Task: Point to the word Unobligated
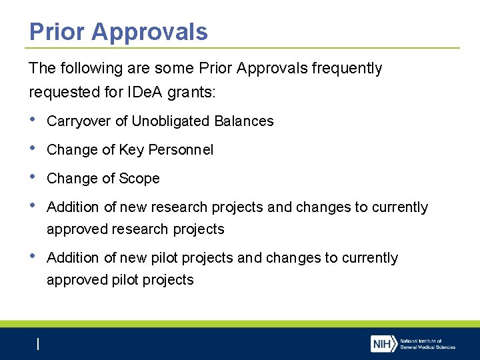pyautogui.click(x=171, y=121)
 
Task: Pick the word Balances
pyautogui.click(x=244, y=121)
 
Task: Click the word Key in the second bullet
pyautogui.click(x=131, y=150)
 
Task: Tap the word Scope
pyautogui.click(x=139, y=179)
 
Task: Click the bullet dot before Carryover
pyautogui.click(x=33, y=120)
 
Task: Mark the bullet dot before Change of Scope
pyautogui.click(x=33, y=177)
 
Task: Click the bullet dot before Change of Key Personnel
pyautogui.click(x=33, y=149)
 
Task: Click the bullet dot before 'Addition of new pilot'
pyautogui.click(x=33, y=257)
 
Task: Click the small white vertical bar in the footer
pyautogui.click(x=38, y=344)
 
